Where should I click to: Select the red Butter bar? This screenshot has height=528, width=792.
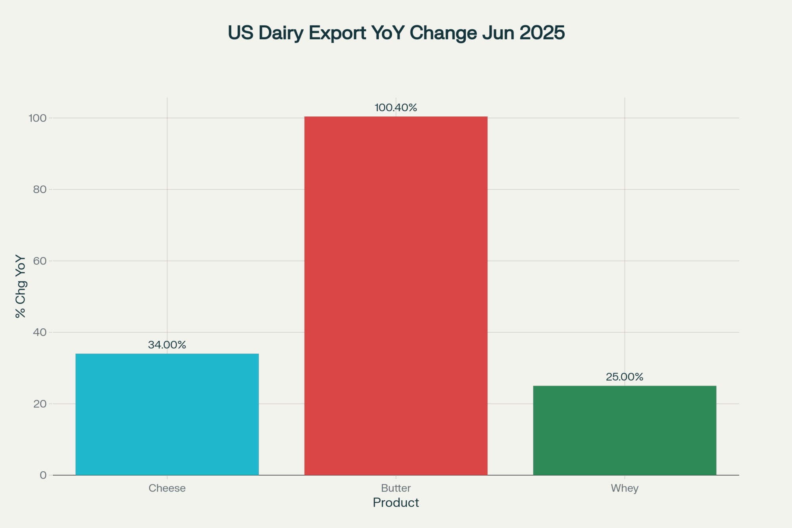[396, 295]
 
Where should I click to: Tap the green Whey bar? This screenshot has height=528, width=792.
[624, 430]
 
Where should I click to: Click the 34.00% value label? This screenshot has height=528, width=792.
[167, 345]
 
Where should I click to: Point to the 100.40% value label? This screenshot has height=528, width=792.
[396, 108]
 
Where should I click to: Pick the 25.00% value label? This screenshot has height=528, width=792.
[624, 377]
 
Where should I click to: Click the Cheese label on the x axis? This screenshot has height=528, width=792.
[167, 488]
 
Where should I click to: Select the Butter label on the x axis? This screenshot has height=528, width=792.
[396, 488]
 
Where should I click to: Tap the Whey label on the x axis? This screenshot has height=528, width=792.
[624, 488]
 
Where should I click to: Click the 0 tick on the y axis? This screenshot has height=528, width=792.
[43, 475]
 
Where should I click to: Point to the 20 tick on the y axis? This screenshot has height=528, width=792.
[40, 404]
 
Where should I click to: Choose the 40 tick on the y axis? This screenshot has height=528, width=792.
[40, 332]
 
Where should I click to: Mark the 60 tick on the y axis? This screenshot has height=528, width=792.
[40, 261]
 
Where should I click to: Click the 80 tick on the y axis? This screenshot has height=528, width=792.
[40, 189]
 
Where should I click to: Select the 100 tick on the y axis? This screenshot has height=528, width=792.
[38, 118]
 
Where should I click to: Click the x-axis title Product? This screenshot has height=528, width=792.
[396, 503]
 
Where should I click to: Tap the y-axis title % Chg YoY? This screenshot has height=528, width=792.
[21, 286]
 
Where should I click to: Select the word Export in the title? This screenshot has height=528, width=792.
[337, 33]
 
